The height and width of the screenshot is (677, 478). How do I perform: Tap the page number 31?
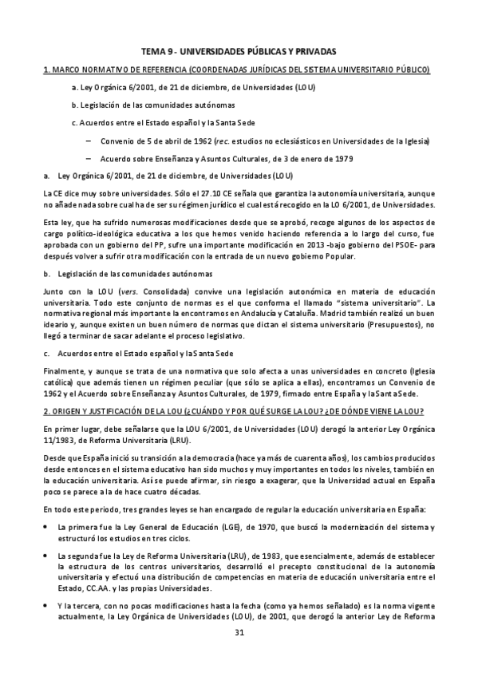(239, 632)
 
